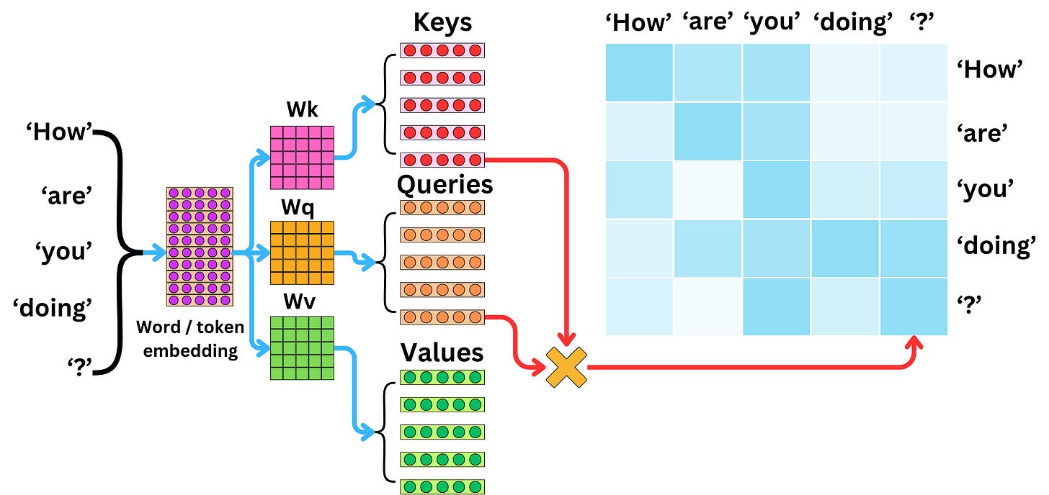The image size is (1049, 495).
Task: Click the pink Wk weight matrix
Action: click(302, 158)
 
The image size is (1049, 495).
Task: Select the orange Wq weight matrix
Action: click(302, 253)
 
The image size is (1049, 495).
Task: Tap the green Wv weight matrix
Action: click(302, 348)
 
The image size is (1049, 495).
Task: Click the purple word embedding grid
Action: click(200, 247)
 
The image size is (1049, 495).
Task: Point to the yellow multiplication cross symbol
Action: click(566, 367)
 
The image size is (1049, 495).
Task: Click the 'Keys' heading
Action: click(442, 22)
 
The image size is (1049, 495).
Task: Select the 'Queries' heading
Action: click(445, 185)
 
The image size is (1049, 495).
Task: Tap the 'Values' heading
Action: click(442, 353)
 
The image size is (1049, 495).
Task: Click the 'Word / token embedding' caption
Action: click(190, 339)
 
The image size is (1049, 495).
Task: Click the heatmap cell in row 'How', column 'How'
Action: click(639, 73)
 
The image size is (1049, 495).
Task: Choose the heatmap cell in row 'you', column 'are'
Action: click(707, 190)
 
